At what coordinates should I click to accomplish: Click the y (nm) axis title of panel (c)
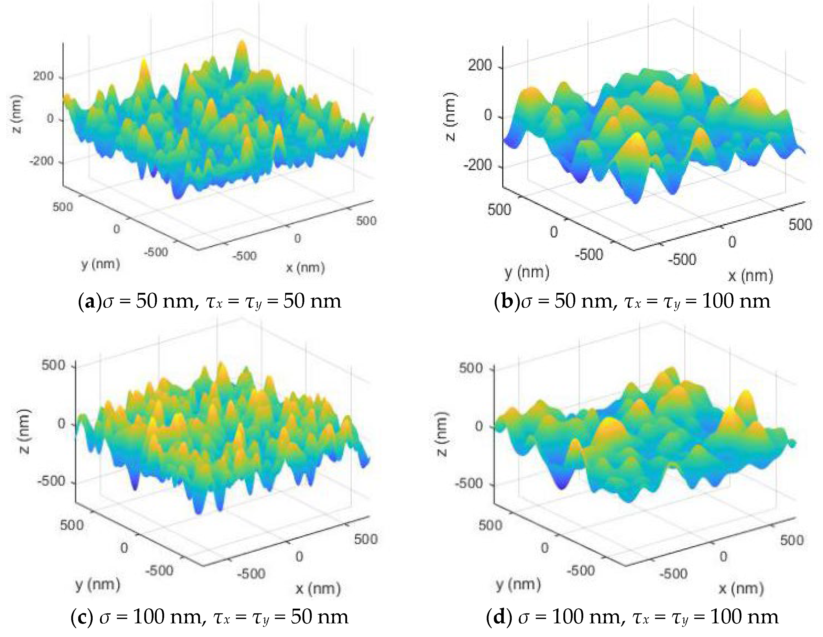click(x=98, y=584)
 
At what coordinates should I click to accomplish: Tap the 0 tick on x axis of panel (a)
click(x=297, y=238)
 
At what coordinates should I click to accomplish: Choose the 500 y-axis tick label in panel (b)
click(x=499, y=210)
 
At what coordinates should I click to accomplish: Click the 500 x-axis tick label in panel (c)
click(x=365, y=539)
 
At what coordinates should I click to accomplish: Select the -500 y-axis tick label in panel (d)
click(x=580, y=570)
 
